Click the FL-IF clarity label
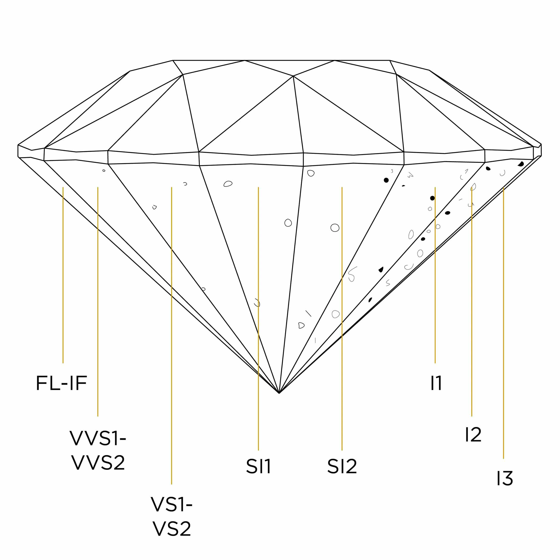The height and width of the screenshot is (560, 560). (x=62, y=383)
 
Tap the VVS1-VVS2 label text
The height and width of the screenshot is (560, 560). (x=98, y=450)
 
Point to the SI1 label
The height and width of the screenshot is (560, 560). (x=258, y=466)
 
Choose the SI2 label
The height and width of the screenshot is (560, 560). (x=342, y=466)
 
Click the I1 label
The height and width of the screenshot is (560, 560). (x=436, y=383)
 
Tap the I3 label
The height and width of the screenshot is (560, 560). (x=505, y=478)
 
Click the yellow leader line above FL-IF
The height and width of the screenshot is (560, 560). (x=63, y=275)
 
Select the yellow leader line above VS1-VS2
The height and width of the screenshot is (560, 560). (x=172, y=333)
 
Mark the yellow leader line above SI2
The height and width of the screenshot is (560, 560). (x=342, y=319)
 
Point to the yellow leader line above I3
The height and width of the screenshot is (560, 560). (x=504, y=319)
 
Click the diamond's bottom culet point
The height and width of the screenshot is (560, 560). (x=279, y=393)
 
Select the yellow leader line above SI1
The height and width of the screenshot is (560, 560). (x=258, y=319)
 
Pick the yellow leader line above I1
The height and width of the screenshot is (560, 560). (x=435, y=275)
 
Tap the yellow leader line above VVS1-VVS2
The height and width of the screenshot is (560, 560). (x=98, y=301)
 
